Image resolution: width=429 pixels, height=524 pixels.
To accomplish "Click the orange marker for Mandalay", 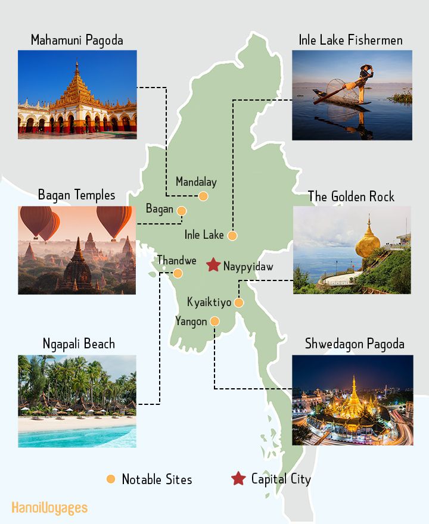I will [203, 196].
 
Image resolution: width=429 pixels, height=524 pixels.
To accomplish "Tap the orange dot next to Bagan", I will [182, 210].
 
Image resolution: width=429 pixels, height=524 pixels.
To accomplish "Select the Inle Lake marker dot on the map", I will [232, 236].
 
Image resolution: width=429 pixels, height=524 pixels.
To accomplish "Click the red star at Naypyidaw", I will [213, 265].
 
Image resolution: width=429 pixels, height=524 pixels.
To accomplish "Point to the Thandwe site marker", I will [178, 273].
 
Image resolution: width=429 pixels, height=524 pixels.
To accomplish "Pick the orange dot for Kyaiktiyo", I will [238, 302].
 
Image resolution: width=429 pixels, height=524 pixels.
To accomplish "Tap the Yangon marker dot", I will [214, 322].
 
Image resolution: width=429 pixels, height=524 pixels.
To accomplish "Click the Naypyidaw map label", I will [248, 266].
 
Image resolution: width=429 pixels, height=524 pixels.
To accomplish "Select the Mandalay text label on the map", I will [196, 182].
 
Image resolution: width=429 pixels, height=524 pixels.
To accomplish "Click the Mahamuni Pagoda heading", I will [77, 40].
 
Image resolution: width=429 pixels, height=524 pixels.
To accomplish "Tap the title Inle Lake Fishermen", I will [351, 40].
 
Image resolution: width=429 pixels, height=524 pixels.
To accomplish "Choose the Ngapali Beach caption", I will [79, 344].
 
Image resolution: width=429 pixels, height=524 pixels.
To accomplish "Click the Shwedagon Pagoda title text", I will [355, 344].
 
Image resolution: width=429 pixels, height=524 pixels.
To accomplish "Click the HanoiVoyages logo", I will [49, 508].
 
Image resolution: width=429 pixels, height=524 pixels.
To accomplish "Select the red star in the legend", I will [238, 478].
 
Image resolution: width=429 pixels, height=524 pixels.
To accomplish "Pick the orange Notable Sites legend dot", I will [110, 479].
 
